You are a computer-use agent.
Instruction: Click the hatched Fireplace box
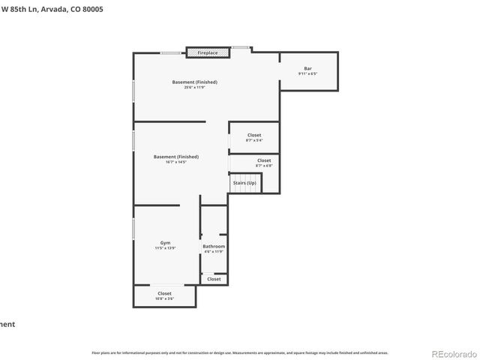(x=208, y=53)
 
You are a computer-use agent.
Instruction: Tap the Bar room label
(x=307, y=68)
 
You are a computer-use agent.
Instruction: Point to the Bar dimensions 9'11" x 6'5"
(x=307, y=74)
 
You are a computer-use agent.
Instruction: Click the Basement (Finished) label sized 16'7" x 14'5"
(x=175, y=157)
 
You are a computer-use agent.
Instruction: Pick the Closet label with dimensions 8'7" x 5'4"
(x=254, y=135)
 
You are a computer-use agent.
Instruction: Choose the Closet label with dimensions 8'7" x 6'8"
(x=264, y=160)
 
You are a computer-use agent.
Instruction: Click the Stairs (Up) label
(x=244, y=183)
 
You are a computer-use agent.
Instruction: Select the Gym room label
(x=165, y=243)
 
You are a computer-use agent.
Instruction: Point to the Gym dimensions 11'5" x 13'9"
(x=165, y=248)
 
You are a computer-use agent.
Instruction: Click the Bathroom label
(x=214, y=246)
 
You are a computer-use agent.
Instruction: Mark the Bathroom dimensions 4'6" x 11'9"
(x=214, y=252)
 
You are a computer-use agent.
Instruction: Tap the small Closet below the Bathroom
(x=214, y=279)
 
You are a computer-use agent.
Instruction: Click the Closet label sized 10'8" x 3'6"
(x=164, y=293)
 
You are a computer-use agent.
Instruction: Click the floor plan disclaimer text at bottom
(x=240, y=352)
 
